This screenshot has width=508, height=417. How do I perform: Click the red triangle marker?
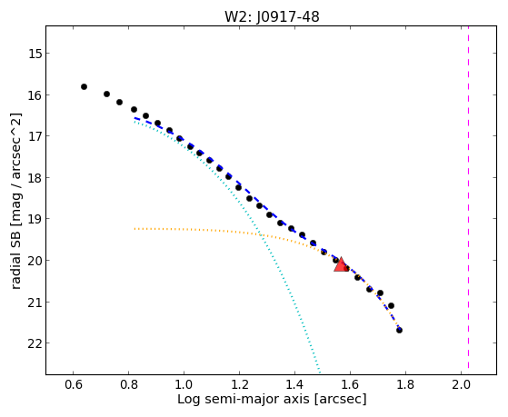click(x=341, y=265)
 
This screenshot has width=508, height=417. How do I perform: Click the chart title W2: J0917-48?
click(x=272, y=16)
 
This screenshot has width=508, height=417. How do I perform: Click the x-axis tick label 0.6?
click(x=74, y=384)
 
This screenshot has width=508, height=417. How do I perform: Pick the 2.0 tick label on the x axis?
click(x=461, y=384)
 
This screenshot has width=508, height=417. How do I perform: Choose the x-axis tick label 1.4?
click(x=294, y=384)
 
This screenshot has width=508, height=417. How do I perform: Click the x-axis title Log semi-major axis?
click(x=244, y=399)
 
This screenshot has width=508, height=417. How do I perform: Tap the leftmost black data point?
click(x=84, y=86)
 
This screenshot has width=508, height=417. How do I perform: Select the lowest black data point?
click(x=399, y=330)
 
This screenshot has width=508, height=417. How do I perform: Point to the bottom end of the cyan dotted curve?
click(x=320, y=371)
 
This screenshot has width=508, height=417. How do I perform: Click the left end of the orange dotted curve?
click(x=134, y=229)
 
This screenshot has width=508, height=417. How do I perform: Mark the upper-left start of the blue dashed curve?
click(x=134, y=118)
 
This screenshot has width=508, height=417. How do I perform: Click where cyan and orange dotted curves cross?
click(x=260, y=234)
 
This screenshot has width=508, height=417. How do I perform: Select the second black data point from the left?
click(x=106, y=94)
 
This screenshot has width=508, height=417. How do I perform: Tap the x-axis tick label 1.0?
click(x=184, y=384)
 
